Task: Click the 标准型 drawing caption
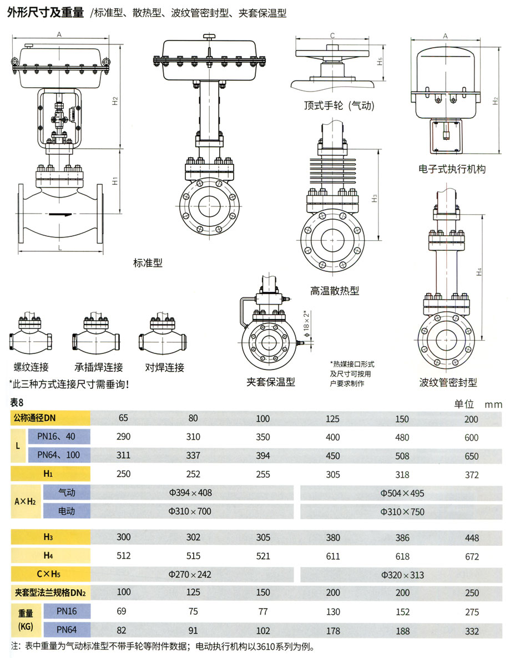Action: [148, 262]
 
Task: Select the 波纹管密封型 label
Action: [448, 382]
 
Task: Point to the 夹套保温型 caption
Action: [271, 382]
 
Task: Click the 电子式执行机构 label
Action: [452, 169]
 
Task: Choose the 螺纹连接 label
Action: [31, 367]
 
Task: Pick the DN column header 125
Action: [333, 419]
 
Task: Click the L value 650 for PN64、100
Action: [471, 456]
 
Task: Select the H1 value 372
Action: [471, 475]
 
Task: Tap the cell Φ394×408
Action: [190, 493]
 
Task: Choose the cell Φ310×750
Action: [402, 512]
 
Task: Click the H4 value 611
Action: [333, 556]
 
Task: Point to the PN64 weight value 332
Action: [471, 631]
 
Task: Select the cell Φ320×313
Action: [402, 575]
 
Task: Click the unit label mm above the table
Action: [493, 404]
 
